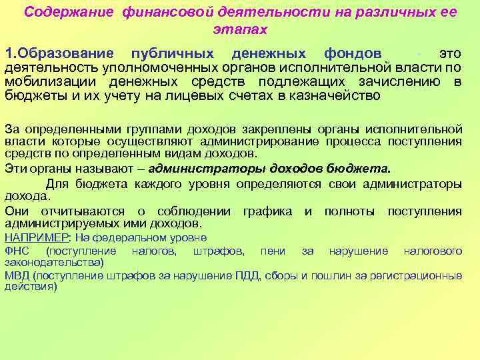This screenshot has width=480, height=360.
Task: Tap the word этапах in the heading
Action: click(x=240, y=29)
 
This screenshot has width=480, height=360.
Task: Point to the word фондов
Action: click(x=353, y=53)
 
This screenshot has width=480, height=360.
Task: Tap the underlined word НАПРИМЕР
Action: click(x=27, y=237)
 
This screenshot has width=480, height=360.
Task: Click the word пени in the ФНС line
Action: click(x=274, y=251)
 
